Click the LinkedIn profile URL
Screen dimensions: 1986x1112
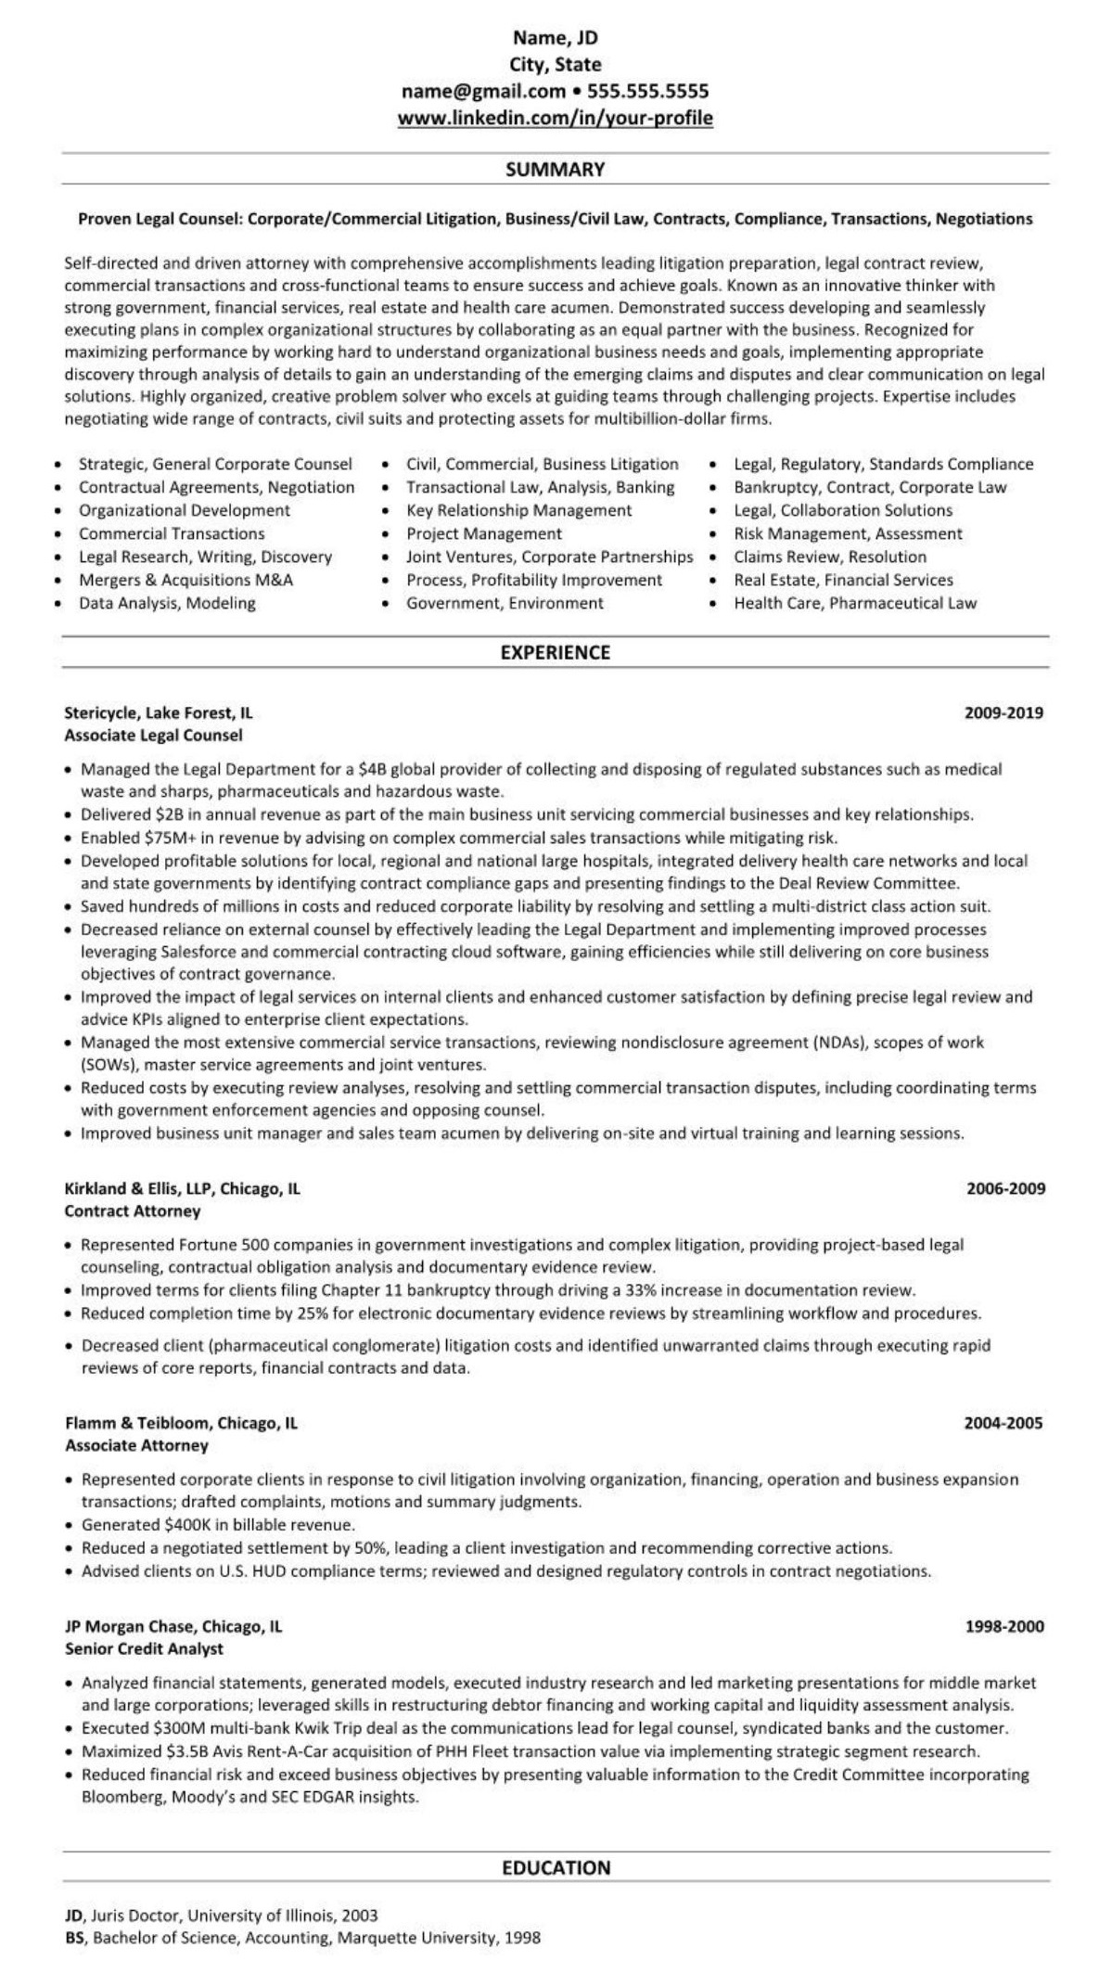tap(555, 118)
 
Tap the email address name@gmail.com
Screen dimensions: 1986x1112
tap(483, 91)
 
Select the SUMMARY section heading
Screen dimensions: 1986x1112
tap(555, 169)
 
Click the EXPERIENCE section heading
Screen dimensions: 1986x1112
tap(555, 652)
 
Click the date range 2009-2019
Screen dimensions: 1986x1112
tap(1003, 712)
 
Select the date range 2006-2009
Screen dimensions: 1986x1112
tap(1005, 1188)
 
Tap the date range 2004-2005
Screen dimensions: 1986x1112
tap(1003, 1422)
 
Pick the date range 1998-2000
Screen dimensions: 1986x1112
tap(1004, 1626)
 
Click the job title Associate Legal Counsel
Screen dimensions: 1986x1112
tap(153, 736)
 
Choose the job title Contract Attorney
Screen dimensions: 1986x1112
tap(132, 1211)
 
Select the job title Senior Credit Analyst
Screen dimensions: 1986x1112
tap(144, 1648)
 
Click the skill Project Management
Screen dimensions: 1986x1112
tap(483, 533)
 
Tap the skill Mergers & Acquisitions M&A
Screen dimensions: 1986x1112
tap(185, 580)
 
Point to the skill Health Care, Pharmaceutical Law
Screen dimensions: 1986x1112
tap(855, 603)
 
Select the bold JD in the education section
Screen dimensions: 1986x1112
tap(73, 1915)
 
